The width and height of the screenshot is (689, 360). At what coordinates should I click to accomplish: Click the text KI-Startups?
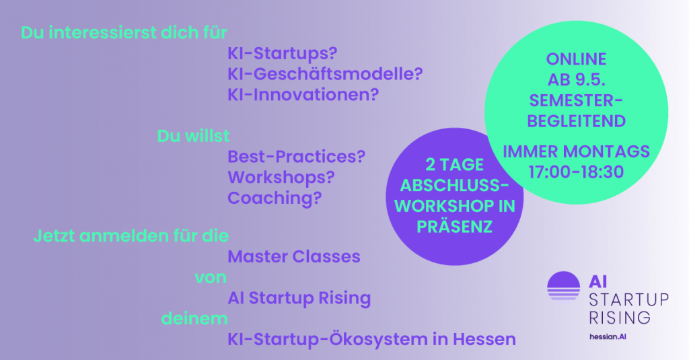(x=282, y=54)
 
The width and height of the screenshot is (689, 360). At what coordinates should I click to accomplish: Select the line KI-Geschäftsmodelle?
(x=325, y=74)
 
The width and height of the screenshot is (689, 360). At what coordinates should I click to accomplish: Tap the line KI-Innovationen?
(x=303, y=94)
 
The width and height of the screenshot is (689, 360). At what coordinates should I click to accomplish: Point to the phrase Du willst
(x=193, y=136)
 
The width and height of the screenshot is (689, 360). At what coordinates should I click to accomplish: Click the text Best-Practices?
(x=296, y=157)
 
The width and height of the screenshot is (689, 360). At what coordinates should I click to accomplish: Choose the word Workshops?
(x=281, y=178)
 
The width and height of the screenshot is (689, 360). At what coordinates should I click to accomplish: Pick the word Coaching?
(x=275, y=199)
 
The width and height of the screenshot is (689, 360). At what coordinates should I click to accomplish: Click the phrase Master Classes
(x=293, y=256)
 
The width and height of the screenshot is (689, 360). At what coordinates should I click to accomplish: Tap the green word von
(x=211, y=278)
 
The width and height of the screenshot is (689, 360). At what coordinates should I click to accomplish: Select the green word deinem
(x=194, y=318)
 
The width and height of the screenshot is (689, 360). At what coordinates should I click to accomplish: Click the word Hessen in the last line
(x=484, y=339)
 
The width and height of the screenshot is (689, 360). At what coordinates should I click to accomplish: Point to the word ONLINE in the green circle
(x=576, y=59)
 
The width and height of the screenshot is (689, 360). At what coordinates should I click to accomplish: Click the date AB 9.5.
(x=576, y=80)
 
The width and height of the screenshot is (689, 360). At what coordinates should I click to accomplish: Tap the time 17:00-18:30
(x=576, y=172)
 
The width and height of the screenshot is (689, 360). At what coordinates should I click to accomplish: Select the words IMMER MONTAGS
(x=576, y=151)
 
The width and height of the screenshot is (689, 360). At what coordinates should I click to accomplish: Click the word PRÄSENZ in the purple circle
(x=454, y=227)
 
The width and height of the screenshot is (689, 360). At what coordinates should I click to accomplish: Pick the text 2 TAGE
(x=454, y=165)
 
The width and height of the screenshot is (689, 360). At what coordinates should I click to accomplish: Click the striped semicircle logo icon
(x=563, y=286)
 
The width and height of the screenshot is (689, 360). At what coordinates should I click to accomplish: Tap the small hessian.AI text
(x=608, y=336)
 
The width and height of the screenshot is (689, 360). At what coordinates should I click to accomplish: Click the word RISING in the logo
(x=620, y=318)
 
